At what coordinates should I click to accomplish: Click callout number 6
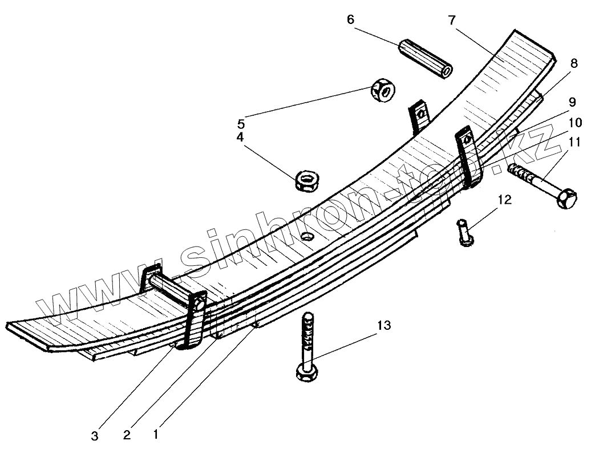click(350, 19)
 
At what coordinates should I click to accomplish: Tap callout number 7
click(451, 21)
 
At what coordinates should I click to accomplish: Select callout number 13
click(384, 325)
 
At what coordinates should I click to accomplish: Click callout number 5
click(241, 122)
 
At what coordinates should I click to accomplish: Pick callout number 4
click(241, 138)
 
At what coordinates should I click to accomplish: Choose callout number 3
click(95, 436)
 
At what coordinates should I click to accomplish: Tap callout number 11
click(574, 142)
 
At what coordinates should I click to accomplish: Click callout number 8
click(573, 63)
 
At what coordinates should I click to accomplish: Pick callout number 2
click(127, 435)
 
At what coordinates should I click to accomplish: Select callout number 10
click(574, 122)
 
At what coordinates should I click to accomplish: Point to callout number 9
click(572, 102)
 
